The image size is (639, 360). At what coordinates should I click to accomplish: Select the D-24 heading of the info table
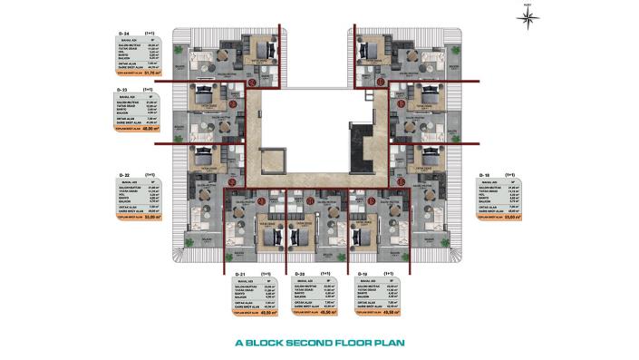point(124,32)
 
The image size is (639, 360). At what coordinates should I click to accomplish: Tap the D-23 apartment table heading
point(124,91)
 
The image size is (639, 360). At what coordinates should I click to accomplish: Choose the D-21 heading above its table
point(241,272)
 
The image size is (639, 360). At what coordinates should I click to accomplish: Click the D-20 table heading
point(305,272)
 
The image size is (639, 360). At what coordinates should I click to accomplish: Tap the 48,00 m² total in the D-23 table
point(162,129)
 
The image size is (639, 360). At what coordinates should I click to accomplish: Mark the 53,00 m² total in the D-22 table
point(162,216)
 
